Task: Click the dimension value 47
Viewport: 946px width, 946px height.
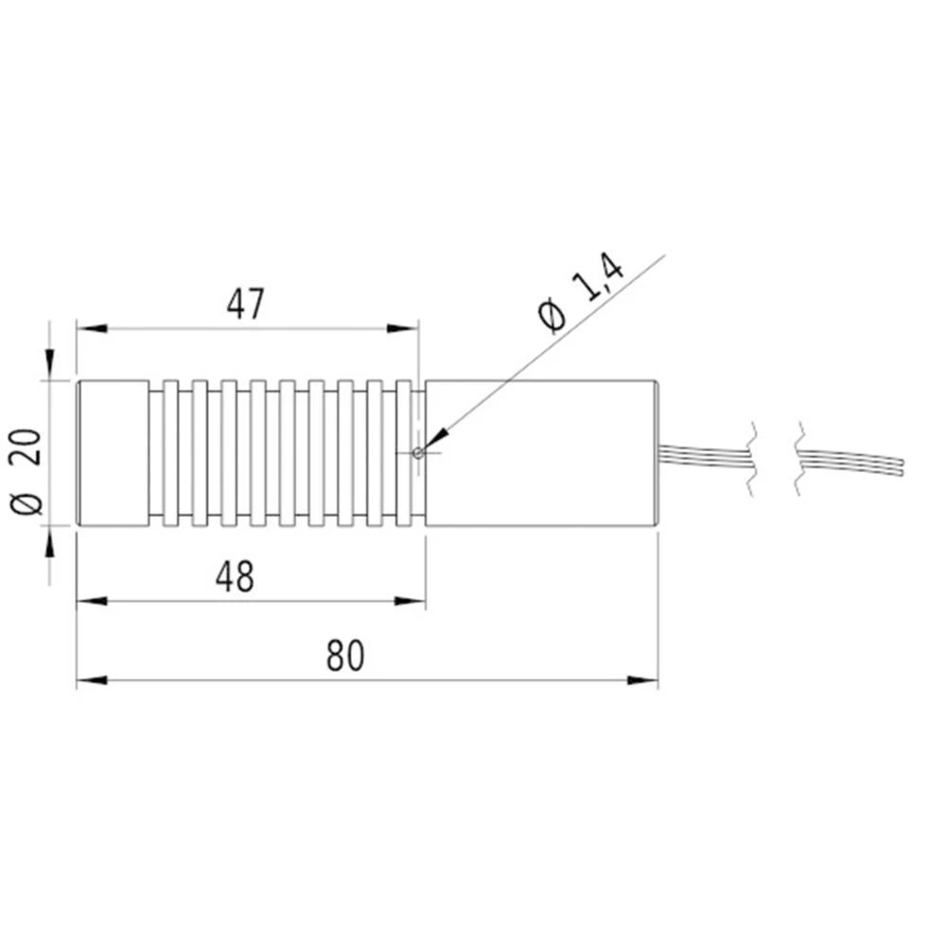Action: (x=246, y=304)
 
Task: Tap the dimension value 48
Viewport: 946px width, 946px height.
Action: (x=235, y=576)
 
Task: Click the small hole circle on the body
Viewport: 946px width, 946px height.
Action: (x=418, y=452)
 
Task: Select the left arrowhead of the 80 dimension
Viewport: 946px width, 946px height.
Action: (x=89, y=680)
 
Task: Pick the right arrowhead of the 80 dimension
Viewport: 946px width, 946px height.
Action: (x=644, y=680)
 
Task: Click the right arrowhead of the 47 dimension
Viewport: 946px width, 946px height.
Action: (x=405, y=329)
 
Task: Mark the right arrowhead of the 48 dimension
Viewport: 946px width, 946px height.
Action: (x=413, y=602)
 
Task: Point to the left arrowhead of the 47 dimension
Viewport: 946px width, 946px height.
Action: (x=89, y=329)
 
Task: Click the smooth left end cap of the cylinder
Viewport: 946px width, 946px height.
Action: (x=112, y=452)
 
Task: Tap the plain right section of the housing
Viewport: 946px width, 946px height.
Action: (x=539, y=452)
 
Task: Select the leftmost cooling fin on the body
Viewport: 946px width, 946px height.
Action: (x=170, y=452)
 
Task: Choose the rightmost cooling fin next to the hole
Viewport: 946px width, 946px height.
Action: (x=404, y=452)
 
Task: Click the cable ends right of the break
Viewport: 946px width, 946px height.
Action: (x=851, y=464)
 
